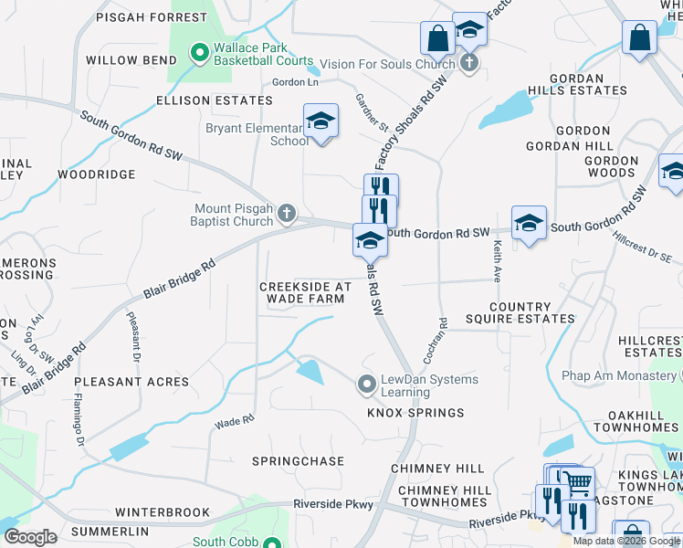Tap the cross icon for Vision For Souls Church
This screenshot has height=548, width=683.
468,64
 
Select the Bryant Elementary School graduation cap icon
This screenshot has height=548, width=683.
320,121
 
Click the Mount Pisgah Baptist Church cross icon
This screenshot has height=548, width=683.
287,215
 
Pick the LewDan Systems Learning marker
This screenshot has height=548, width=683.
367,385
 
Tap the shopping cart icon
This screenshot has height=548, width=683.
575,483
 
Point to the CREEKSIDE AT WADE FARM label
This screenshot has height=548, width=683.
305,292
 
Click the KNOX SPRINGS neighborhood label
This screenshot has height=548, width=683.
415,413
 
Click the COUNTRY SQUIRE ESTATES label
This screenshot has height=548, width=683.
532,313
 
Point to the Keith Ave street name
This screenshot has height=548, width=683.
498,260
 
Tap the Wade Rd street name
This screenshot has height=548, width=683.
234,422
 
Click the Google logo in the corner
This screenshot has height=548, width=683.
30,536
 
